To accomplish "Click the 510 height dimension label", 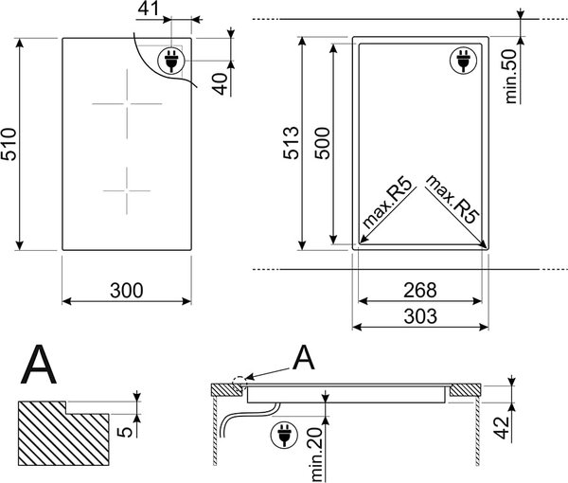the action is coord(9,144).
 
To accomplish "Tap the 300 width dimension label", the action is coord(127,290).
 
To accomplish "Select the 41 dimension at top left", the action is coord(149,9).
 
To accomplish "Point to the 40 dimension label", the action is coord(221,83).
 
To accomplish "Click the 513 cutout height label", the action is coord(292,143).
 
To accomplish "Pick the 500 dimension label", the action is coord(322,143).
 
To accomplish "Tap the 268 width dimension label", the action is coord(420,290).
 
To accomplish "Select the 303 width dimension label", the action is coord(420,316).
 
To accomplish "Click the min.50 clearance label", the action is coord(511,77).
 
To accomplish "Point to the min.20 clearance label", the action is coord(316,455).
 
